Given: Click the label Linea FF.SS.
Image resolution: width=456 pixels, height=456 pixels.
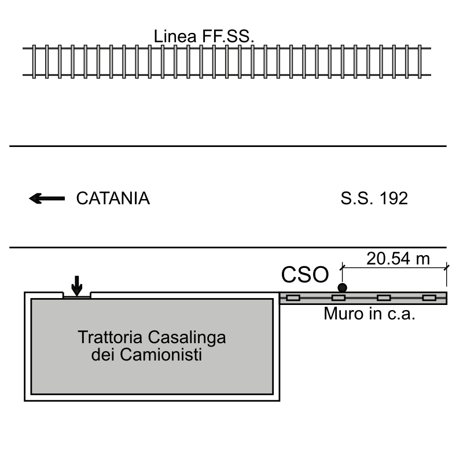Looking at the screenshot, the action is tap(204, 36).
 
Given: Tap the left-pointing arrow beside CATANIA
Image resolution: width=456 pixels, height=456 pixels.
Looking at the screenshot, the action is tap(47, 198).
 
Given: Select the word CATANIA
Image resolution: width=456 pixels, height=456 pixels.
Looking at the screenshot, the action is tap(113, 198).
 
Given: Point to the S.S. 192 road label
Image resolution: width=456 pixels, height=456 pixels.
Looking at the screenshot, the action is tap(374, 198).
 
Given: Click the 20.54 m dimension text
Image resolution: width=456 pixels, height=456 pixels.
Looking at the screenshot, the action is tap(398, 259).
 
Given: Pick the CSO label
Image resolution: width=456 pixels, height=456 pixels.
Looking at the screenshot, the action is tap(305, 274).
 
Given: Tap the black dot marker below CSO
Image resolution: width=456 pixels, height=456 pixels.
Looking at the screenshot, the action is tap(343, 288).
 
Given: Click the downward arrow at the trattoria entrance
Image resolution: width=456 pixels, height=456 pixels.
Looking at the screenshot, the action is tap(77, 286).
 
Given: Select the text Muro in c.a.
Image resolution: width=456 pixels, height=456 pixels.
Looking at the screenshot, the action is tap(369, 314).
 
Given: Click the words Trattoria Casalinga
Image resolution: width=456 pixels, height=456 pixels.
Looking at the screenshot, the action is tap(152, 337).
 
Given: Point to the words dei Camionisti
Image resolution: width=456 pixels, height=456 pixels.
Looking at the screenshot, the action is tap(146, 355).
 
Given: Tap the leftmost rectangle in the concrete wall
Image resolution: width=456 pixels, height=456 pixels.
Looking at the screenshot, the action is tap(293, 298).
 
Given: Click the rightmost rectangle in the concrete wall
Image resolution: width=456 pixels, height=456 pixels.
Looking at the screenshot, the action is tap(429, 298).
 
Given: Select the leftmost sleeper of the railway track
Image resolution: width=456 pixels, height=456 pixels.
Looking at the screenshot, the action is tap(34, 62).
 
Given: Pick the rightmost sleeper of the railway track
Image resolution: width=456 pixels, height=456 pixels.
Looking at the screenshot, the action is tap(420, 62).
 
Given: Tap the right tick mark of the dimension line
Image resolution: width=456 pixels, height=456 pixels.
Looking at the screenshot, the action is tap(446, 267).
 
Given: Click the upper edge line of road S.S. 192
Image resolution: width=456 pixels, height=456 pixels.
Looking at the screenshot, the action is tap(228, 146).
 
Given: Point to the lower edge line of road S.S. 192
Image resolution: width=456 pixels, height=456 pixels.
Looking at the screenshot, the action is tap(228, 248).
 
